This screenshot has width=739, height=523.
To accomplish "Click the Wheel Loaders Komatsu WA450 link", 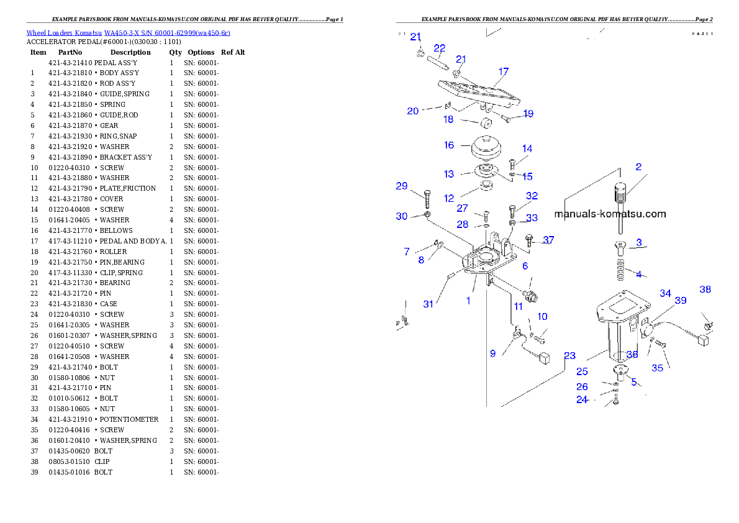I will [x=128, y=33].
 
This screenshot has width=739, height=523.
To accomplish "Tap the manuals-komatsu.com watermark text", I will [x=610, y=214].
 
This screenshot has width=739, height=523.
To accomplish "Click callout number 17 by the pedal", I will [x=503, y=72].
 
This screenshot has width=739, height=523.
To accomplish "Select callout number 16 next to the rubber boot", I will [x=449, y=145].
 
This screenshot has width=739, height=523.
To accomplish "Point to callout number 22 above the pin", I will [x=439, y=48].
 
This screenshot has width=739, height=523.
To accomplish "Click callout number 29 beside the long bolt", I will [x=402, y=186].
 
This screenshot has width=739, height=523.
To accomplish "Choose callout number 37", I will [x=548, y=240].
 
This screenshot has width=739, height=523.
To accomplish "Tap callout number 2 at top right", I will [x=638, y=167].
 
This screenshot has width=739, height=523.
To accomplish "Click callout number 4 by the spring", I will [x=638, y=274].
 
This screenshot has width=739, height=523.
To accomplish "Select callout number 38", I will [x=705, y=289].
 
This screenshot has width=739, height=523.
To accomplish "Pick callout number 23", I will [x=569, y=356].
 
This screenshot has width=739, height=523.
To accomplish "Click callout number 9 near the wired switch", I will [x=492, y=353].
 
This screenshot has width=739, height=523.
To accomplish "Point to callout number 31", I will [x=428, y=304].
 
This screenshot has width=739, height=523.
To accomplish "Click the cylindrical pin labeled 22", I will [x=438, y=62].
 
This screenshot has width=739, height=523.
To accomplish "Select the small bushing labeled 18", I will [x=486, y=121].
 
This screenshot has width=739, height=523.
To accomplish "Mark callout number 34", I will [x=665, y=293].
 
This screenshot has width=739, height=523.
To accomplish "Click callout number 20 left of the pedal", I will [x=413, y=111].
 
